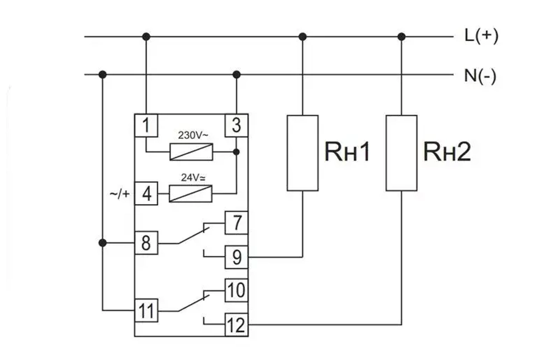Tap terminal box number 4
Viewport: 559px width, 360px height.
click(x=146, y=194)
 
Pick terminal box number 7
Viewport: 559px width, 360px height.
click(x=236, y=223)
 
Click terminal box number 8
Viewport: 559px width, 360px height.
click(x=146, y=243)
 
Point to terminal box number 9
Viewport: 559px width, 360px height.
click(x=236, y=257)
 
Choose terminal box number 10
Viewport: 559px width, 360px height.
click(x=236, y=291)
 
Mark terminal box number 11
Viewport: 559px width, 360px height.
click(x=146, y=310)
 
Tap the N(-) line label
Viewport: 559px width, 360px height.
click(x=480, y=75)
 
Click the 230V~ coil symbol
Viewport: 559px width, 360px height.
click(x=191, y=151)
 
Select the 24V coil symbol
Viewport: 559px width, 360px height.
click(x=191, y=194)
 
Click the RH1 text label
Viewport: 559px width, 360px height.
click(x=347, y=152)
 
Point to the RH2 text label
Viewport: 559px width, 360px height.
click(x=447, y=152)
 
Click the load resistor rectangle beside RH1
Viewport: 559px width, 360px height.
click(x=302, y=153)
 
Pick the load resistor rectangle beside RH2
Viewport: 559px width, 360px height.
click(x=401, y=153)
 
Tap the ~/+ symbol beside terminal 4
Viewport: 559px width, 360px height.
click(x=119, y=195)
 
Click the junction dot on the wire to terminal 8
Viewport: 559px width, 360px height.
click(x=102, y=243)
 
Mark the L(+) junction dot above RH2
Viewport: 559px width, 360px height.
click(x=401, y=37)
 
